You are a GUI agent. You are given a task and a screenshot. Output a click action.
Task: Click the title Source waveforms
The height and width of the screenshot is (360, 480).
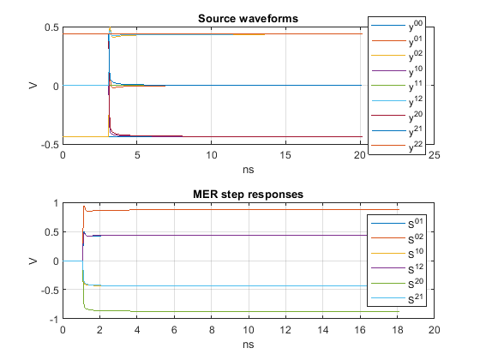(248, 19)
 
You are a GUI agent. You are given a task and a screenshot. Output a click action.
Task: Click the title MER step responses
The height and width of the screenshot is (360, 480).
(248, 194)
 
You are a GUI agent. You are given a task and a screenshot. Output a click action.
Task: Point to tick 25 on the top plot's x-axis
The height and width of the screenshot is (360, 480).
(435, 155)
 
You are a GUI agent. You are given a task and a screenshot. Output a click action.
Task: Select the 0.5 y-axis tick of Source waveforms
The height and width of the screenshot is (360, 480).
(51, 27)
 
